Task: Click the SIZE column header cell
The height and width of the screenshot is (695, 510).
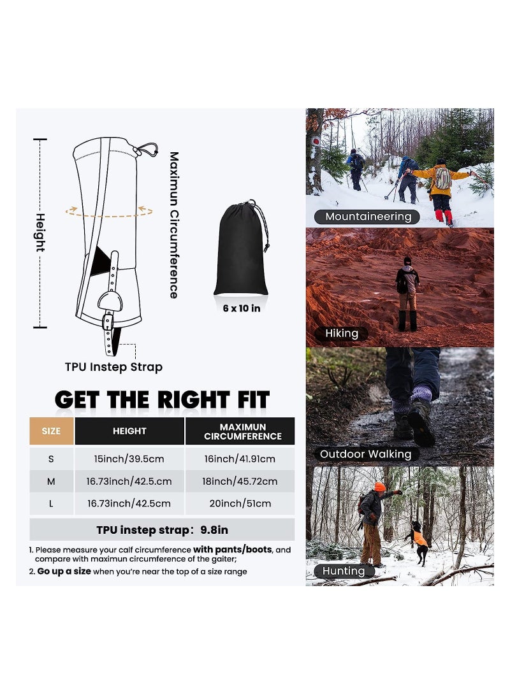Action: pyautogui.click(x=51, y=431)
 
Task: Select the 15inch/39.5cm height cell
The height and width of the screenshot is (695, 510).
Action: pyautogui.click(x=129, y=459)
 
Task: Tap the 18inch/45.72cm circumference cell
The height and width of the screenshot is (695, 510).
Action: pyautogui.click(x=240, y=482)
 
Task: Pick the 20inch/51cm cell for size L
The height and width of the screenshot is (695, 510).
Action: pyautogui.click(x=240, y=503)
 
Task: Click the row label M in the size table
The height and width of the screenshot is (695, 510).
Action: pyautogui.click(x=51, y=482)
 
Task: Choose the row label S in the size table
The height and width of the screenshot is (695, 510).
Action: pyautogui.click(x=51, y=459)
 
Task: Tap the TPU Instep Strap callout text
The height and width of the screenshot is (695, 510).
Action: pyautogui.click(x=113, y=367)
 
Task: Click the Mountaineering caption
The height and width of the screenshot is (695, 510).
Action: pyautogui.click(x=368, y=217)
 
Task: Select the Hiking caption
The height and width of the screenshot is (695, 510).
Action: pyautogui.click(x=342, y=333)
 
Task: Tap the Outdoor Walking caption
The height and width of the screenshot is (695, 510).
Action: pyautogui.click(x=365, y=454)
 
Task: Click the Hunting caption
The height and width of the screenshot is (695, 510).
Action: pyautogui.click(x=343, y=571)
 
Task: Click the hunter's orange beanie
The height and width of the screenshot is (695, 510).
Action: pyautogui.click(x=380, y=487)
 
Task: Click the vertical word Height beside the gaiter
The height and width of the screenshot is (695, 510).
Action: pyautogui.click(x=40, y=233)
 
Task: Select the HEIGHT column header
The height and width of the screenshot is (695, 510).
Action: pyautogui.click(x=129, y=431)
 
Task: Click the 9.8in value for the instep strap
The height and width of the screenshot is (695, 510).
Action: pyautogui.click(x=214, y=529)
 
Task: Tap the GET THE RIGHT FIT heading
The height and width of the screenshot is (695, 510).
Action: pyautogui.click(x=162, y=400)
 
